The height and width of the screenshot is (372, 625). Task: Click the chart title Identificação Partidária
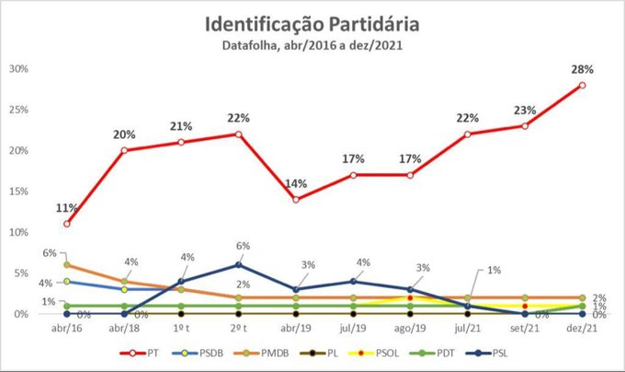point(313,22)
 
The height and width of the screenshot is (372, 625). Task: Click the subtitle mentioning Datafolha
point(313,44)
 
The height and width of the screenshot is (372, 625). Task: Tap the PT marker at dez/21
point(583,86)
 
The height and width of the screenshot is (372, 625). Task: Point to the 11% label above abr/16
point(67,207)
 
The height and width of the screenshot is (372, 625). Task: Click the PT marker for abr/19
point(296,200)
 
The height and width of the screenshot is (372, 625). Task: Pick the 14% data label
point(296,183)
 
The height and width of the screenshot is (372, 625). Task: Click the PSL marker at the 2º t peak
point(239,265)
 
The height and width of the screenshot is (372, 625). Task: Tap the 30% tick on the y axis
point(19,69)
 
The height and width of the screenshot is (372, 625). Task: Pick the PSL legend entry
point(506,353)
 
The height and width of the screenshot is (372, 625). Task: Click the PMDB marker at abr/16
point(67,265)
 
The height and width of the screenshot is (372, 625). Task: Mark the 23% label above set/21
point(525,110)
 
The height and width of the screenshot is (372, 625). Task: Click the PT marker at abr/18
point(124,150)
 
